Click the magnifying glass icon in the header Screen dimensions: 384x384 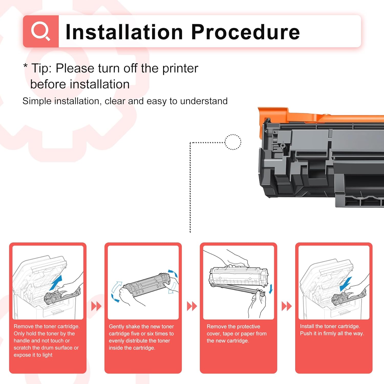[40, 31]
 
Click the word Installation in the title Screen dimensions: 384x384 [124, 32]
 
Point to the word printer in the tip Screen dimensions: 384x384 [180, 69]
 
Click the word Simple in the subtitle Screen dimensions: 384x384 [37, 101]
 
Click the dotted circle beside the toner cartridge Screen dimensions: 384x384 [233, 142]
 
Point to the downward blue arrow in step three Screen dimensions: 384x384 [271, 289]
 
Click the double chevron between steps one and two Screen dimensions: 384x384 [96, 306]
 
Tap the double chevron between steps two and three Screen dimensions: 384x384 [192, 306]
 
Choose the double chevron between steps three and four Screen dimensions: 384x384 [286, 306]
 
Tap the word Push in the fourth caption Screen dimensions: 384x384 [306, 334]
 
